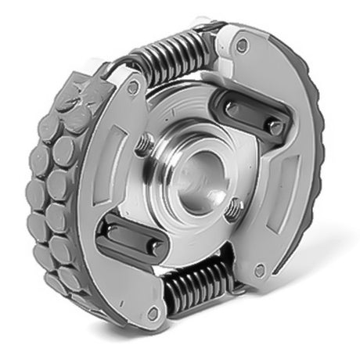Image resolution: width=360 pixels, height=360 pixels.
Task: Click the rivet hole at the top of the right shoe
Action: pyautogui.click(x=242, y=45)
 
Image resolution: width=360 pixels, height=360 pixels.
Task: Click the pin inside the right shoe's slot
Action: pyautogui.click(x=273, y=124)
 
